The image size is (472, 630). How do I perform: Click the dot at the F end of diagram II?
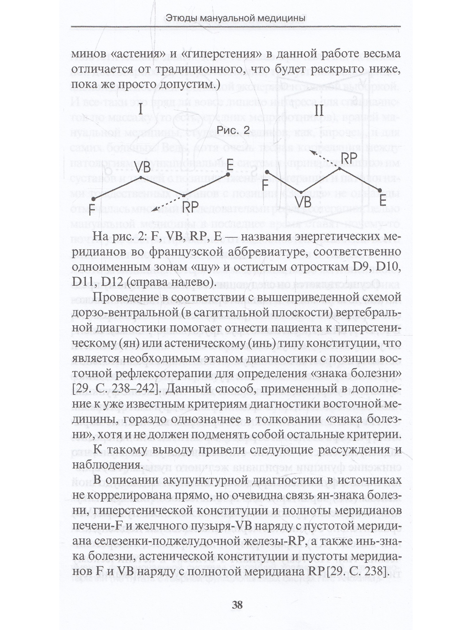[x=267, y=172]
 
